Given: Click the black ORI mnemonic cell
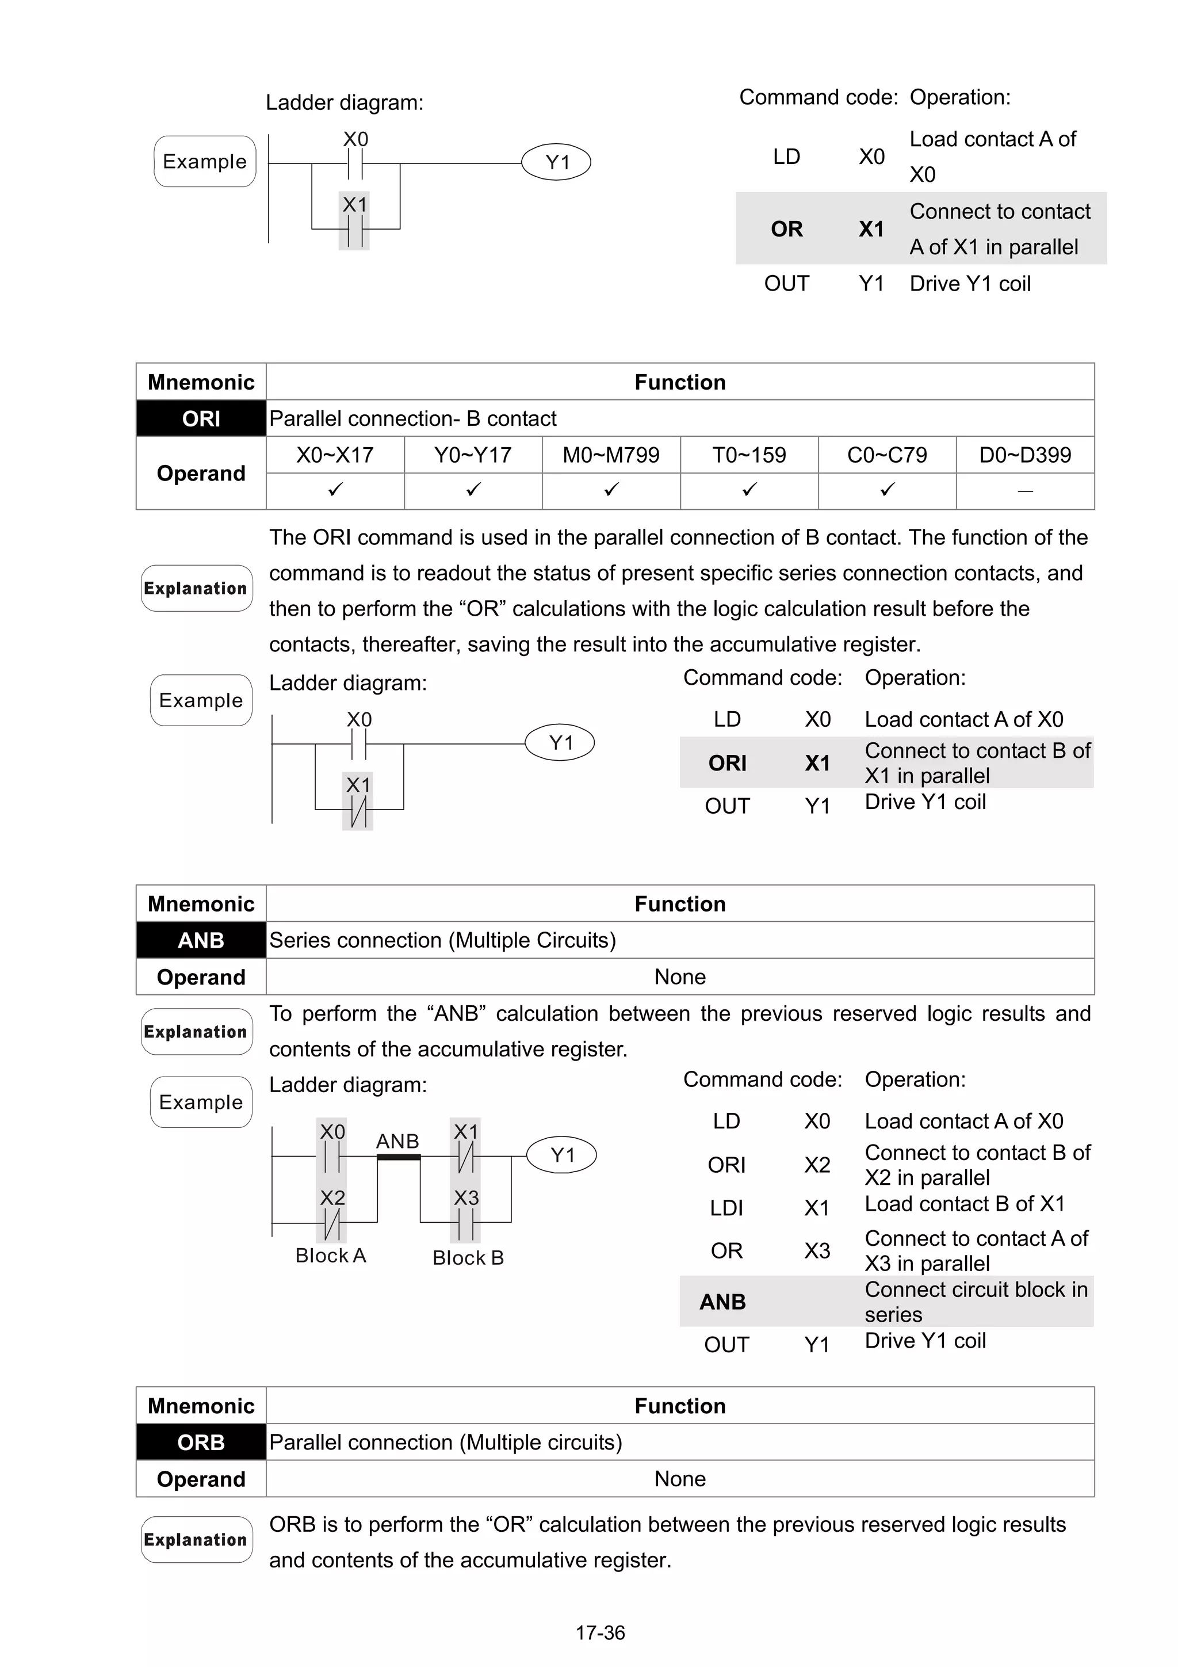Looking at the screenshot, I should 201,418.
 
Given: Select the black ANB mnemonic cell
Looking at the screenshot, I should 201,940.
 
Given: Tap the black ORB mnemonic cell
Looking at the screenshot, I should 201,1442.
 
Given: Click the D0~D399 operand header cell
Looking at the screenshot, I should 1025,455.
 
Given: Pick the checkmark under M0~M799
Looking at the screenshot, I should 611,490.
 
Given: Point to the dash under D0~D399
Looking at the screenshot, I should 1025,491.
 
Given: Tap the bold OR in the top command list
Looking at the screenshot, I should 787,230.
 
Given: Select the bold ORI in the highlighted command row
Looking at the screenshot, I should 727,763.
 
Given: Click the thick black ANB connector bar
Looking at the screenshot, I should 399,1157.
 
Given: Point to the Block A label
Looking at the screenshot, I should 330,1256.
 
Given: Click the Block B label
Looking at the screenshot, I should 468,1257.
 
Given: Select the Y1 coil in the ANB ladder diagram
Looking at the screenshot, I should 562,1154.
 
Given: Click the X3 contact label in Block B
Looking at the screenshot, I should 466,1197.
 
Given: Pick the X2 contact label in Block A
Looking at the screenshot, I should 332,1197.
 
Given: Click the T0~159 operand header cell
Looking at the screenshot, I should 749,455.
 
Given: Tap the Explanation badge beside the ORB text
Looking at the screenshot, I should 196,1539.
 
